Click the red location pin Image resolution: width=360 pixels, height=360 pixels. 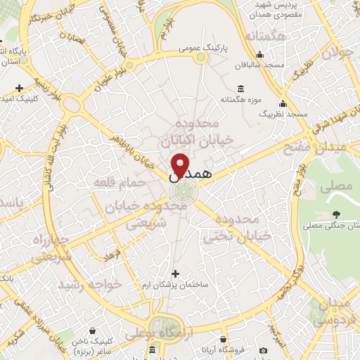(180, 163)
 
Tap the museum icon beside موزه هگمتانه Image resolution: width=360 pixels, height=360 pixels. (241, 88)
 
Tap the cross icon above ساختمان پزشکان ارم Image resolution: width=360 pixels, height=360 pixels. (175, 273)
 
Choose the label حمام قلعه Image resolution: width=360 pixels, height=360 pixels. (119, 182)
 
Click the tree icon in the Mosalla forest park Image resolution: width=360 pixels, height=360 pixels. (336, 214)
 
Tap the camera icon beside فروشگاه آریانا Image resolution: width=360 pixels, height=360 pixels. (263, 350)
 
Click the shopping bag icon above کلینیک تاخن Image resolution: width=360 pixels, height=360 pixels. (93, 328)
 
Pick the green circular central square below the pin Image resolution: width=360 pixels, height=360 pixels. (180, 193)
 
